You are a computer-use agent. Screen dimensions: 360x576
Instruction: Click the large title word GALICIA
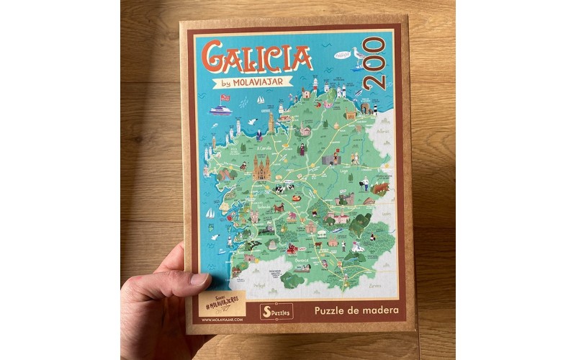click(x=257, y=56)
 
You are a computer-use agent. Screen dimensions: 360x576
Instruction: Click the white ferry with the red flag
click(x=220, y=109)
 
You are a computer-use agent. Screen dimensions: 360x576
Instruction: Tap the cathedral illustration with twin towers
click(x=260, y=168)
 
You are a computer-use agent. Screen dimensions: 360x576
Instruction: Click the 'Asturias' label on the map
click(x=381, y=131)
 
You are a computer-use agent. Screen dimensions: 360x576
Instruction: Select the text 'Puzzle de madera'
click(x=356, y=312)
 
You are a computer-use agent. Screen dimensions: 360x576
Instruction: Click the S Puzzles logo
click(x=276, y=312)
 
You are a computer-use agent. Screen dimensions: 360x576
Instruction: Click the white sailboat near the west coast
click(x=210, y=213)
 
